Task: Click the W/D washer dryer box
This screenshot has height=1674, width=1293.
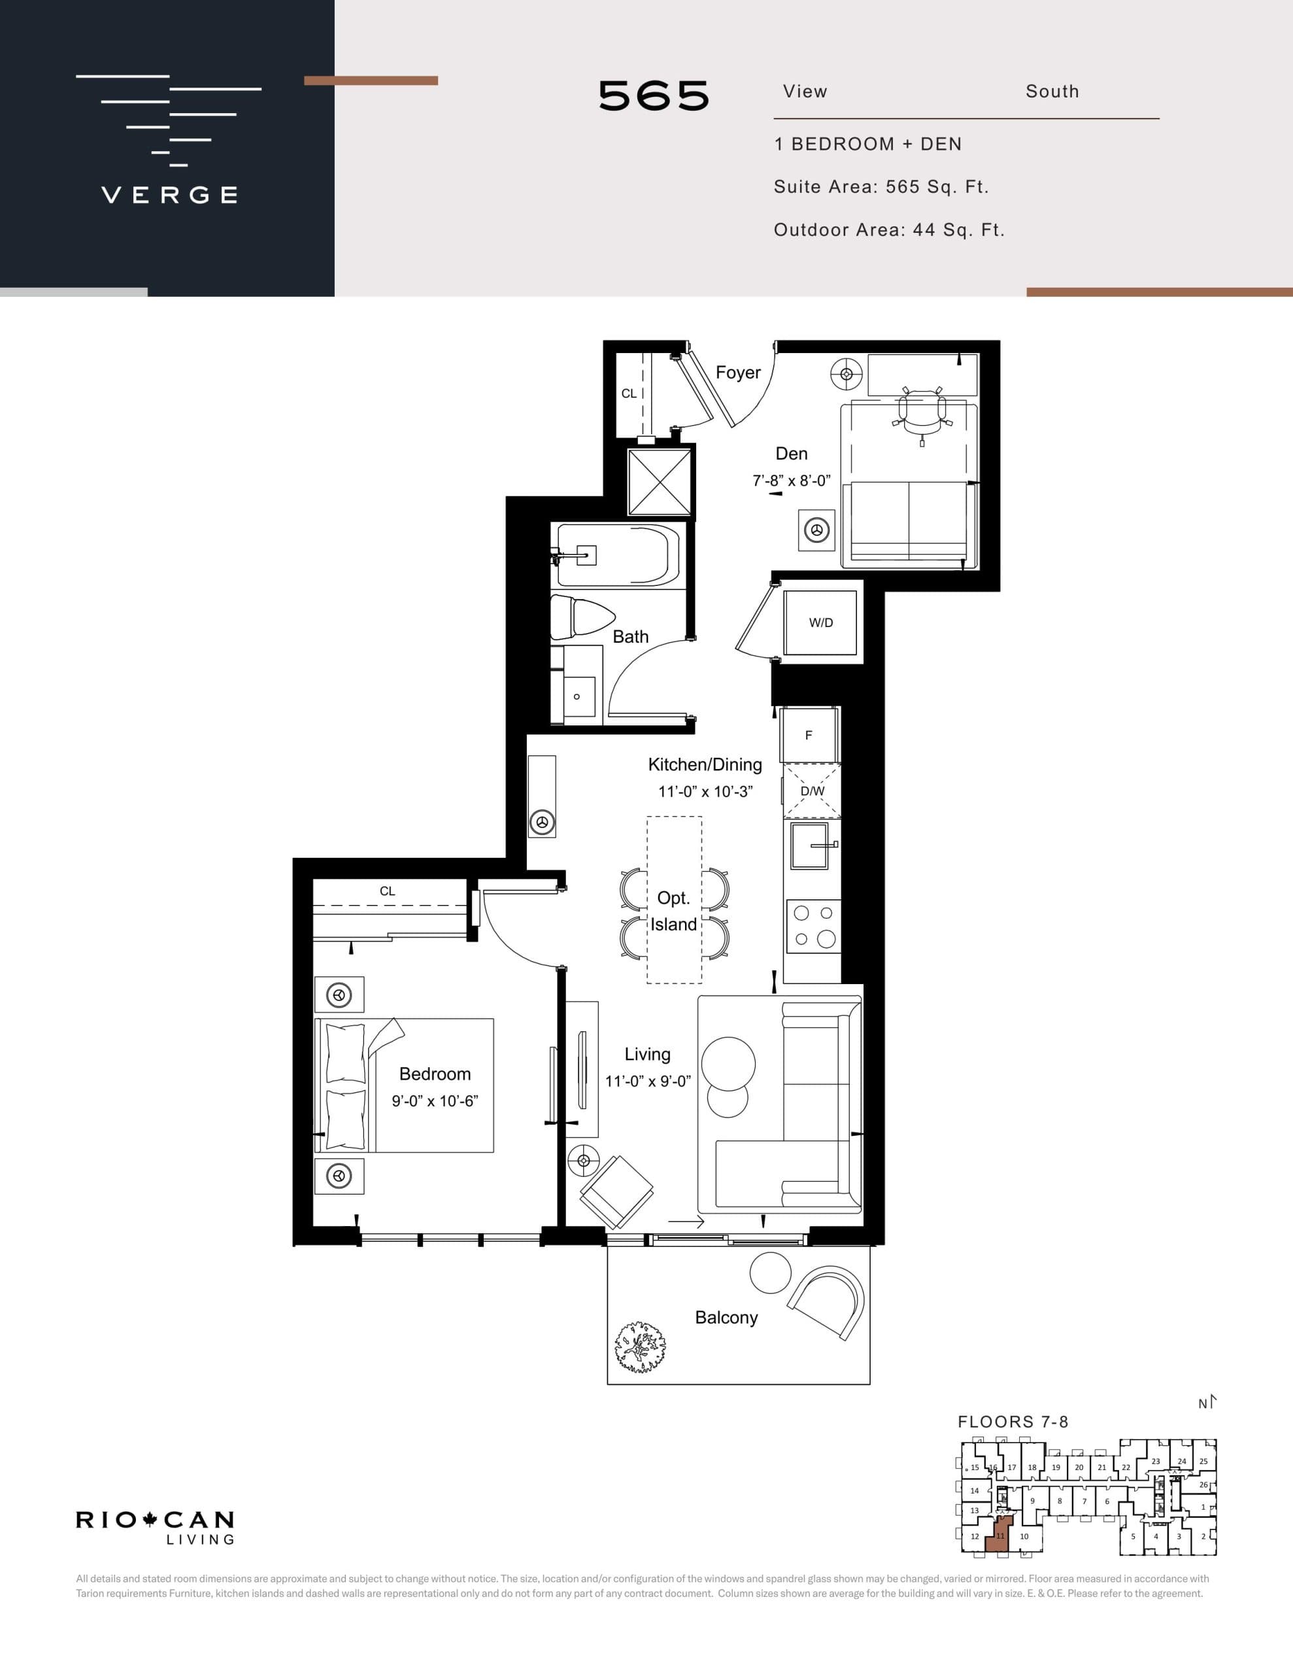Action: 820,623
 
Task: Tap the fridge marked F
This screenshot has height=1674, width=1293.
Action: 809,735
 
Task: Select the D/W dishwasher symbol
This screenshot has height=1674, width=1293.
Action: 812,791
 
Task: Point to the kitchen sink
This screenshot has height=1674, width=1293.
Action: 810,846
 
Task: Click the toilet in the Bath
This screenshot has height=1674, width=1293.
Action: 581,618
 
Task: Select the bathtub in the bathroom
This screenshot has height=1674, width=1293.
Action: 617,555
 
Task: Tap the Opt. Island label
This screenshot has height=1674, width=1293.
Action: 674,912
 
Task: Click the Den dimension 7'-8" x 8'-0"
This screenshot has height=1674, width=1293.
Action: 791,481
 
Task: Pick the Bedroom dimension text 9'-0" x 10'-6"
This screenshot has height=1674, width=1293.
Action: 435,1101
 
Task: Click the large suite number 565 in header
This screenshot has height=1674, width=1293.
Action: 654,97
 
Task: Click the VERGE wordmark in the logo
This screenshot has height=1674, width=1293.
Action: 169,195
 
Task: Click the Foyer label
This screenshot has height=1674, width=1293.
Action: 737,373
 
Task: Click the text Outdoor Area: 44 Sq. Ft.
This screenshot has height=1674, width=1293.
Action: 888,230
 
